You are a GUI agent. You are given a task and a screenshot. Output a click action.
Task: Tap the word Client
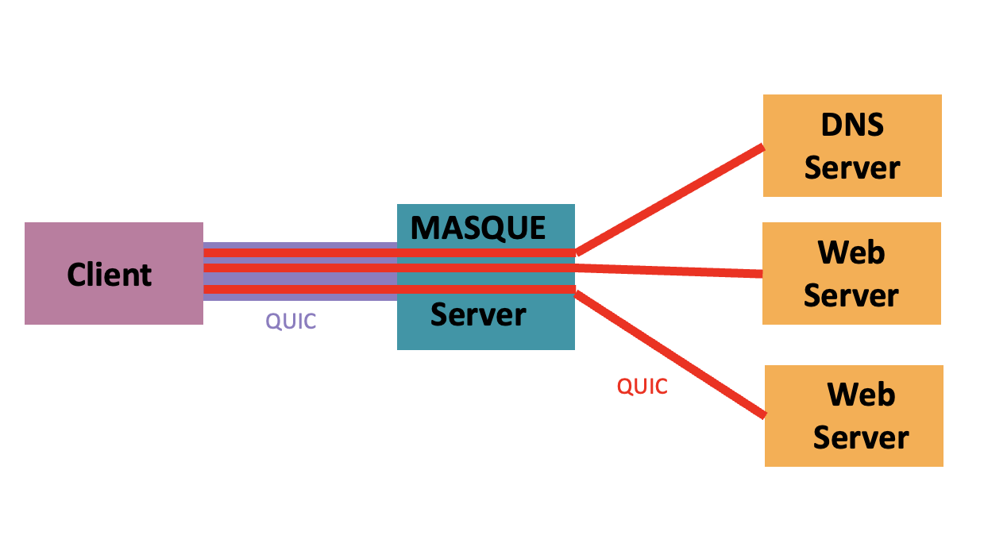coord(109,275)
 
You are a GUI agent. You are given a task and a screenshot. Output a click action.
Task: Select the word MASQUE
coord(478,228)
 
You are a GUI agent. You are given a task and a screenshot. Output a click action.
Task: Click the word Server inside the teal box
coord(478,315)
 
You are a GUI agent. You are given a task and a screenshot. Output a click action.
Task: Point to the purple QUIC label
coord(291,322)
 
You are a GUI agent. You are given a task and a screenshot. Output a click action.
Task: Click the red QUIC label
coord(642,387)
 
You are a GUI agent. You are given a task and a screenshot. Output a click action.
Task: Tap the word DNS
coord(852,125)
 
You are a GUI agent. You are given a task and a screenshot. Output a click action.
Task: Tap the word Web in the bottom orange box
coord(861,395)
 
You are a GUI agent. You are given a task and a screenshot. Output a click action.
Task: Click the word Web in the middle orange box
coord(851,252)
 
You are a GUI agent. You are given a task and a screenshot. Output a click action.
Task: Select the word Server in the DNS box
coord(852,168)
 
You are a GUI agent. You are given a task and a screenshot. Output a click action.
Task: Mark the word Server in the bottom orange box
coord(861,437)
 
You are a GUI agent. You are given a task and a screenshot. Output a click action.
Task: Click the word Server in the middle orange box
coord(851,295)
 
